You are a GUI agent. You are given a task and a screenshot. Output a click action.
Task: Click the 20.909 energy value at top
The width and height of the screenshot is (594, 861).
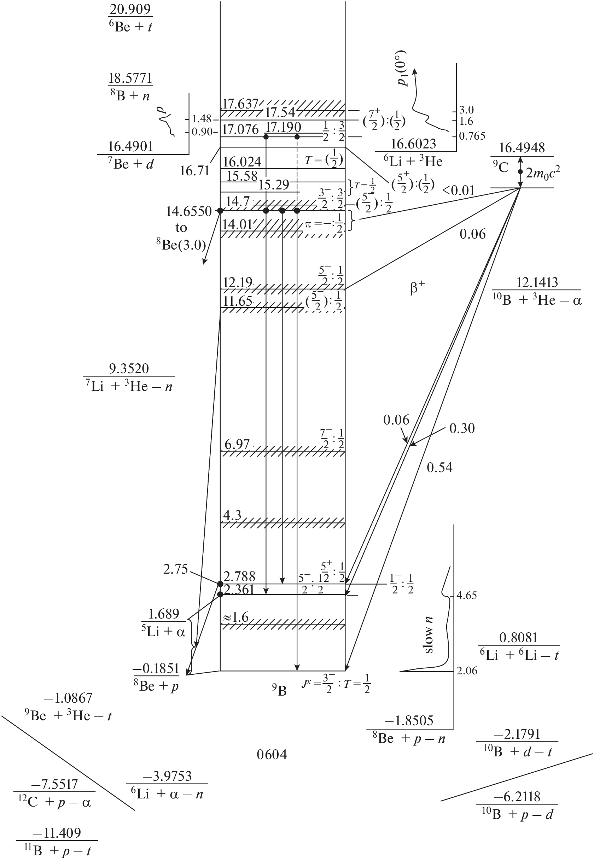(130, 9)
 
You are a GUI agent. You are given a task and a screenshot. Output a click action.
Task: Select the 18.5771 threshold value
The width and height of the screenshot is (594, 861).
(130, 78)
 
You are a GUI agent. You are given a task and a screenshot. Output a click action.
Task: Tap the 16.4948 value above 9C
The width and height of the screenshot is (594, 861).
(522, 148)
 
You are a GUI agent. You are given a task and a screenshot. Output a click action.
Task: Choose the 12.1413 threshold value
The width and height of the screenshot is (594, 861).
(537, 283)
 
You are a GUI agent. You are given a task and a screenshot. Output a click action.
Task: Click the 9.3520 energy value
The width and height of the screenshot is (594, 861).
(129, 369)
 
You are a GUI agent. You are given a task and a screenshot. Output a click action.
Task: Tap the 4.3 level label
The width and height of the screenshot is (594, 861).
(232, 515)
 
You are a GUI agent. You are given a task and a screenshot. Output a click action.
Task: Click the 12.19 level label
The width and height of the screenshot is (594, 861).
(238, 282)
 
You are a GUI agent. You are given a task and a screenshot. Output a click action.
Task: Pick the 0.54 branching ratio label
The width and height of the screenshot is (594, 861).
(439, 468)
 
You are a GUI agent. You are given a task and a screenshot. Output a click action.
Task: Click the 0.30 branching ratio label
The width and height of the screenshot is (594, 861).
(462, 428)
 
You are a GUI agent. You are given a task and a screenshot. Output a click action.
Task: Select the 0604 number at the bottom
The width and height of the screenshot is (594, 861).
(272, 755)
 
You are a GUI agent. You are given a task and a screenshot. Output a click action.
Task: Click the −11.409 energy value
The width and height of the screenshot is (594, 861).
(57, 833)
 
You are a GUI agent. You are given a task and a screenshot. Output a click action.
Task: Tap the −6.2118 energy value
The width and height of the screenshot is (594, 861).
(517, 797)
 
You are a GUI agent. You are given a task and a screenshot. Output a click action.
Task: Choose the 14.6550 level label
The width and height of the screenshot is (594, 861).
(188, 211)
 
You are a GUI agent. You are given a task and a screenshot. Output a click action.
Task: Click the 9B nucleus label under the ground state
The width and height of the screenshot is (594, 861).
(279, 691)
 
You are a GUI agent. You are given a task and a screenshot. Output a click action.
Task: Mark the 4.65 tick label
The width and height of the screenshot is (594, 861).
(466, 596)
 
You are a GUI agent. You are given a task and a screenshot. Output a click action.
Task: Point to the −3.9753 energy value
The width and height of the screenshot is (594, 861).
(167, 776)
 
